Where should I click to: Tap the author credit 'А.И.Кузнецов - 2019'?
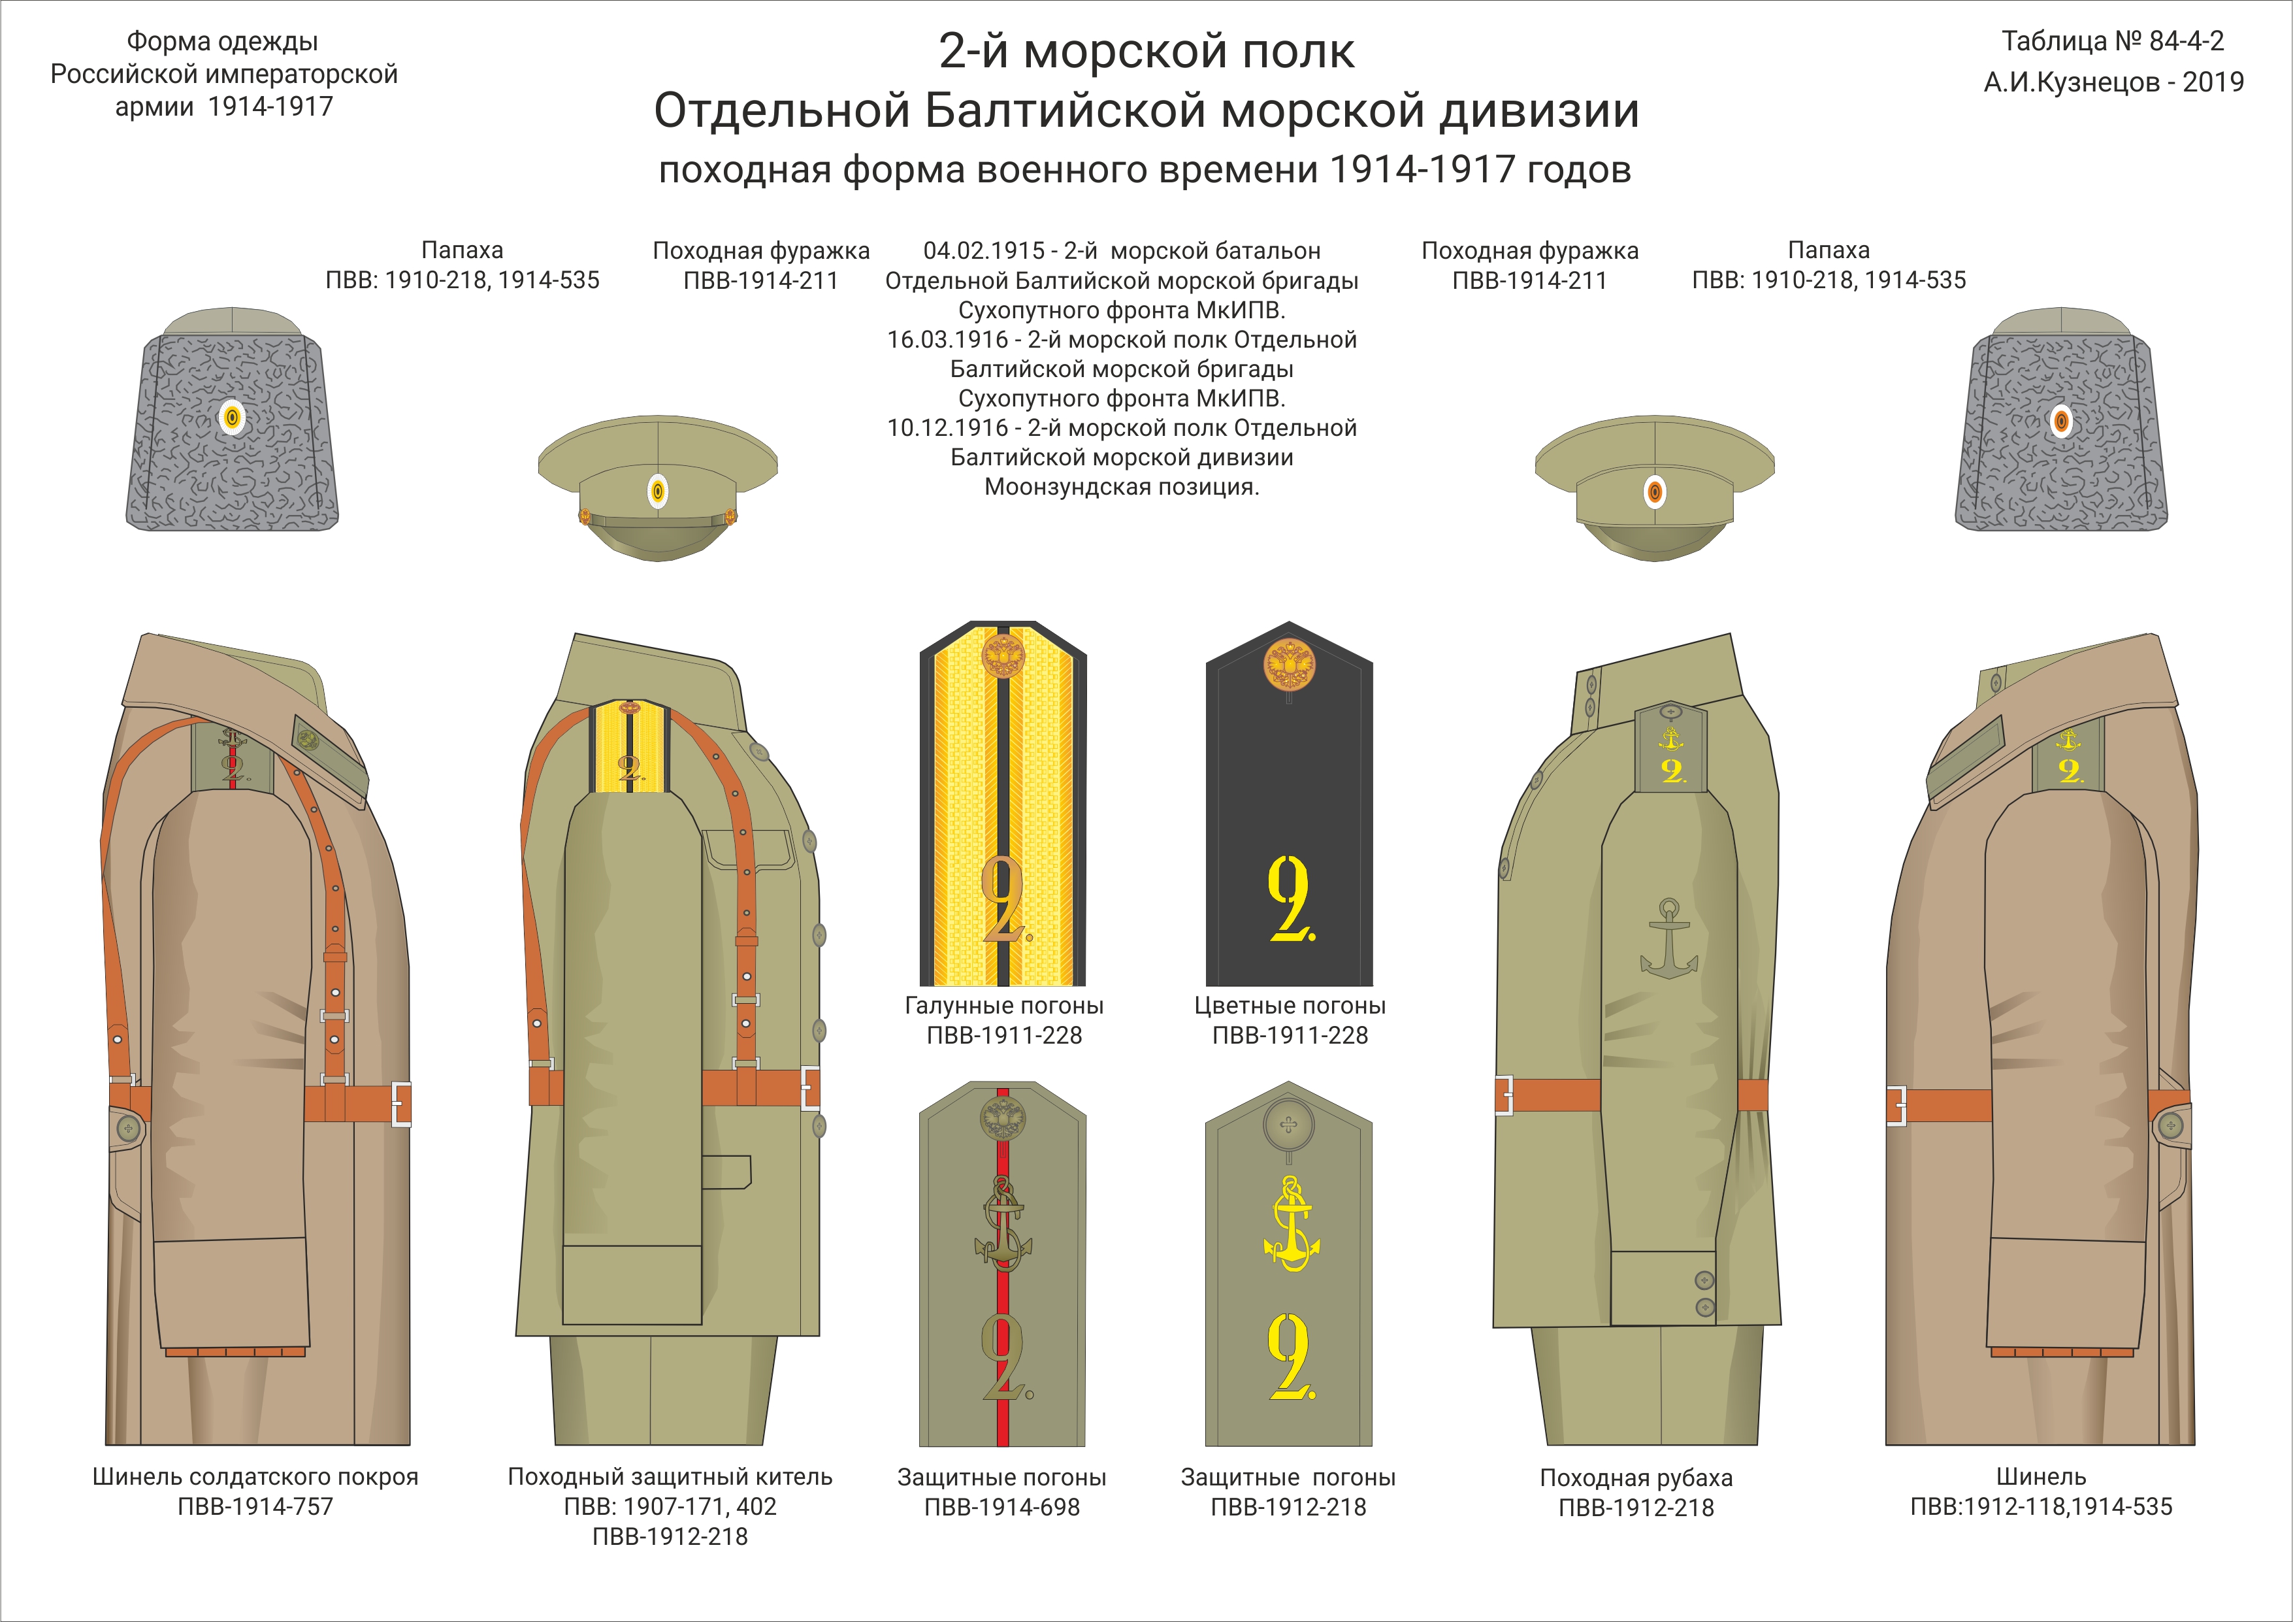(2113, 82)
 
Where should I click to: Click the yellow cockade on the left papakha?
(232, 418)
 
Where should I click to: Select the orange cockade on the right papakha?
(2061, 420)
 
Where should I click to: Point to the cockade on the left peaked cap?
(657, 491)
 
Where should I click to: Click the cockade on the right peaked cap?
(1655, 491)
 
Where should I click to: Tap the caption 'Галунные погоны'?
(1003, 1006)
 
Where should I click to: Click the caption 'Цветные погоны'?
(1290, 1006)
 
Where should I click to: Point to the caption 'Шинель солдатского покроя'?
(255, 1476)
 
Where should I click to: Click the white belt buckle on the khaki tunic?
(810, 1087)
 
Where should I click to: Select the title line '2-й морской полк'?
(1146, 51)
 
